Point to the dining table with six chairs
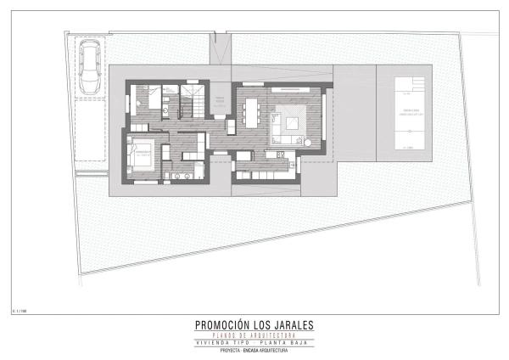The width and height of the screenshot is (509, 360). pyautogui.click(x=252, y=110)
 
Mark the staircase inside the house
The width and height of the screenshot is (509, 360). pyautogui.click(x=194, y=101)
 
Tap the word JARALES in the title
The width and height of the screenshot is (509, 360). pyautogui.click(x=293, y=323)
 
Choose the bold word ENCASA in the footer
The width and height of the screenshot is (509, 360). pyautogui.click(x=255, y=349)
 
